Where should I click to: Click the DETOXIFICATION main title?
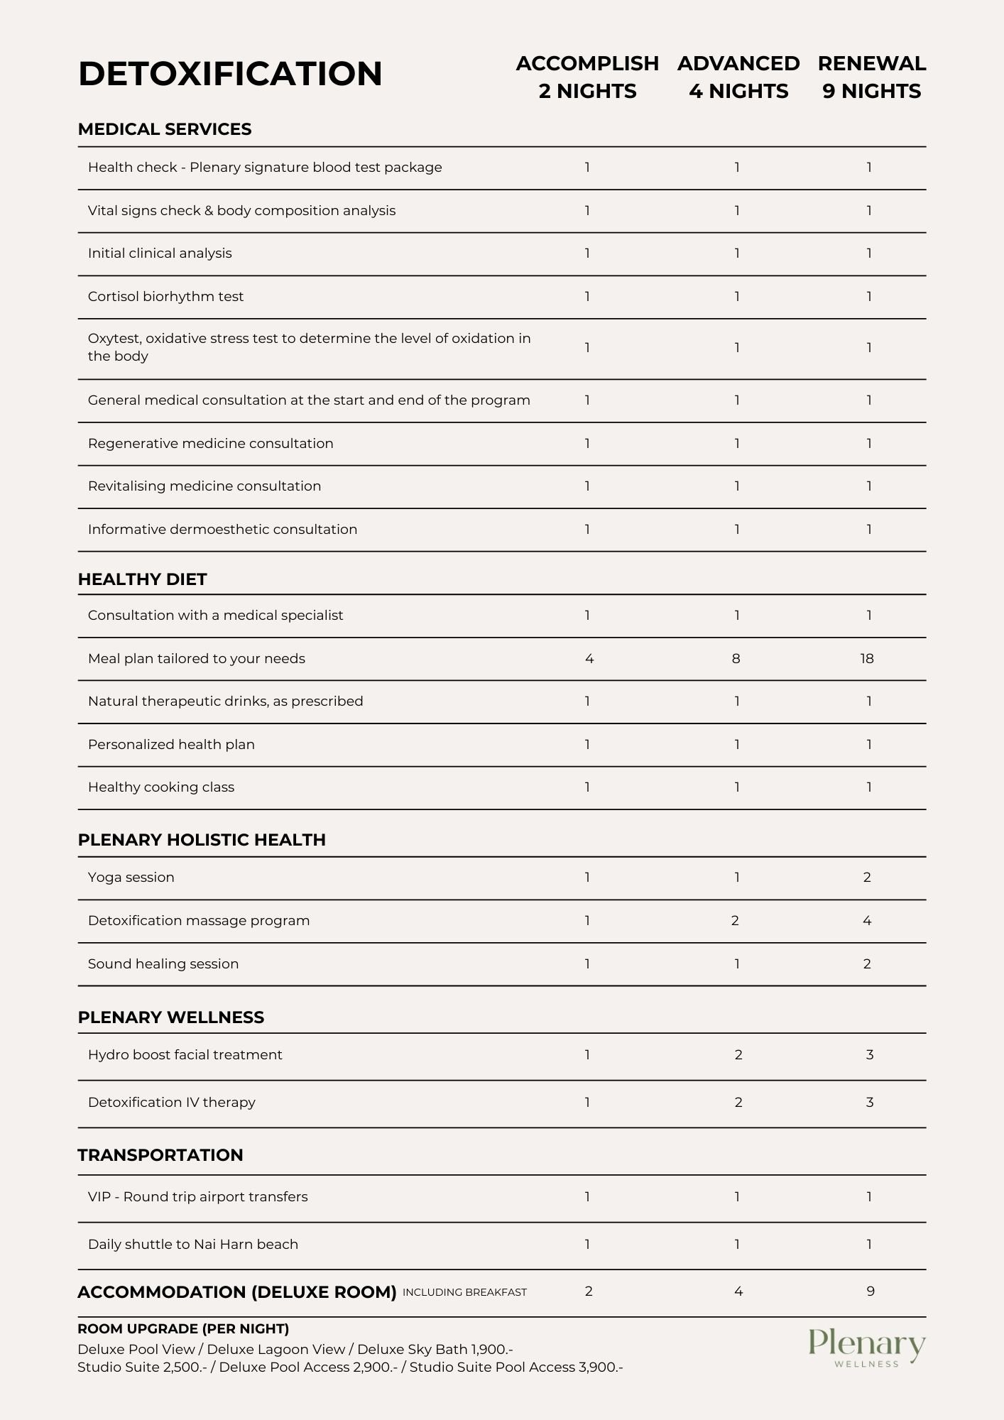[x=230, y=74]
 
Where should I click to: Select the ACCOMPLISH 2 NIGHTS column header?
[x=587, y=77]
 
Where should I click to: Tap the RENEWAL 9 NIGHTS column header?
[x=871, y=77]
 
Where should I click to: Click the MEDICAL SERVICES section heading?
[x=165, y=129]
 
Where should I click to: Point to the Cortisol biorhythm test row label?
[x=165, y=297]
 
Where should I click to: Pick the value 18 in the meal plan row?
[x=867, y=659]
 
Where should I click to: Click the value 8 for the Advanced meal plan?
[x=736, y=659]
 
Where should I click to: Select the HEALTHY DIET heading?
[x=142, y=579]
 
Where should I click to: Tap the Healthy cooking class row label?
[x=161, y=787]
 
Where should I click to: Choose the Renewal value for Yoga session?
[x=867, y=878]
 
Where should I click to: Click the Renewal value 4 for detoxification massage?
[x=867, y=921]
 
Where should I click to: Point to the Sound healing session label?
[x=163, y=964]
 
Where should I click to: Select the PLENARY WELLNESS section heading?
[x=170, y=1017]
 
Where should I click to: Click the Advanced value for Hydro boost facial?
[x=738, y=1055]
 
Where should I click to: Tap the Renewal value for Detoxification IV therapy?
[x=869, y=1103]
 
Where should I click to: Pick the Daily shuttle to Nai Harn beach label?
[x=193, y=1245]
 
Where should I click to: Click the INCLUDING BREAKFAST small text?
[x=464, y=1292]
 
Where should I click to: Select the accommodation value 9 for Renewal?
[x=871, y=1291]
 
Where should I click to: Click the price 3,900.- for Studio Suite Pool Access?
[x=601, y=1367]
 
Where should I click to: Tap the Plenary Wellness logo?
[x=866, y=1348]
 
